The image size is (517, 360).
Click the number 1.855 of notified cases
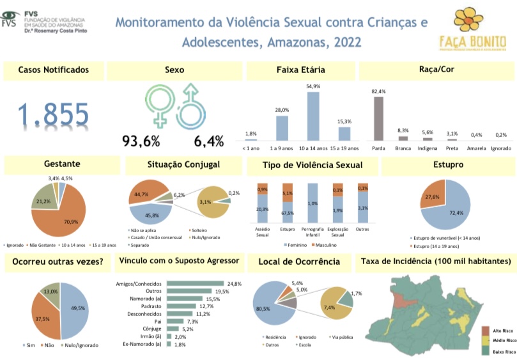[53, 115]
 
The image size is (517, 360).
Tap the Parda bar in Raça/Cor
[379, 118]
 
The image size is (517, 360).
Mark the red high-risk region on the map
[401, 301]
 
